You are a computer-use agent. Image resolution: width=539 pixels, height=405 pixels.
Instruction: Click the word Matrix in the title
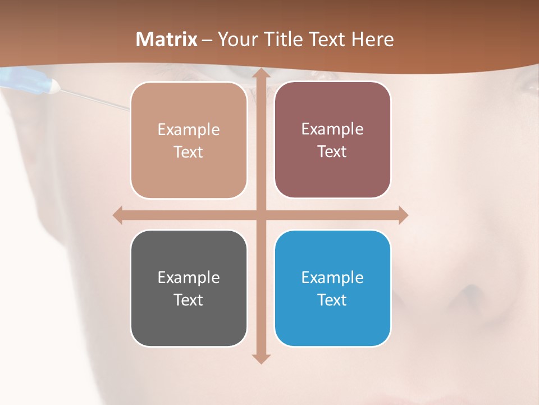point(167,39)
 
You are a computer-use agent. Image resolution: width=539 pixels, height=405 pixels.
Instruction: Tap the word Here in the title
point(373,39)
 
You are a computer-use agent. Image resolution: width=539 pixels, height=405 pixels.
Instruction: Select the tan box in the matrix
point(189,141)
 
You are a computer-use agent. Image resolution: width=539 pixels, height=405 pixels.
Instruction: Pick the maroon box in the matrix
point(332,140)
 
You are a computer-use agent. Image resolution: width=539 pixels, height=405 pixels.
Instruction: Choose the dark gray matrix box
point(189,288)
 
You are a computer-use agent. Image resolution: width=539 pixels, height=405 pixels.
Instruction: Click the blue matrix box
point(332,288)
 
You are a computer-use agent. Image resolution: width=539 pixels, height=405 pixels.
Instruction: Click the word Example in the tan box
point(189,130)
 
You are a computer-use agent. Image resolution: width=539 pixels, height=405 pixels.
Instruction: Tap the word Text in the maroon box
point(332,152)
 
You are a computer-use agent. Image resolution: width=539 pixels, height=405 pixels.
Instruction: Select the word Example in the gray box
point(189,277)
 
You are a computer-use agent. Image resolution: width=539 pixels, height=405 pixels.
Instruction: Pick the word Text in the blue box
point(332,300)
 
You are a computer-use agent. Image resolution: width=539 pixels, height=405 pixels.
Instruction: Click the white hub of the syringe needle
point(54,86)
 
